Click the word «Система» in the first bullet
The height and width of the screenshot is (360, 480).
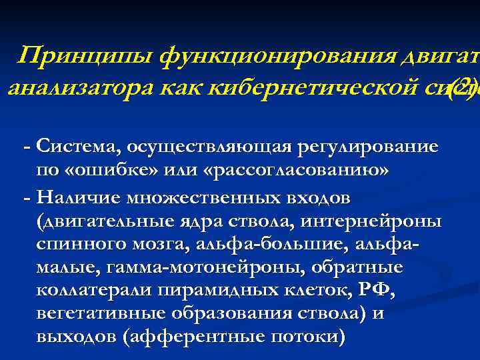coord(73,146)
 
